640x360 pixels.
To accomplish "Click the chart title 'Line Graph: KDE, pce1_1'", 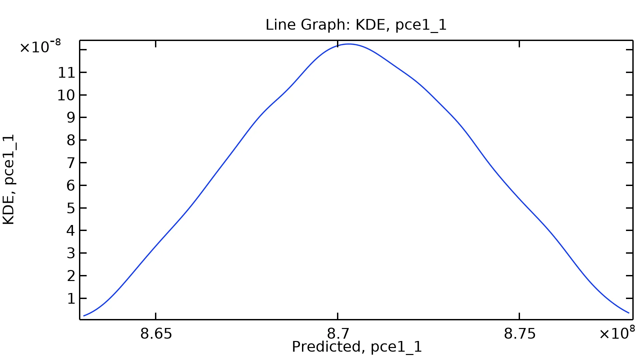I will coord(356,25).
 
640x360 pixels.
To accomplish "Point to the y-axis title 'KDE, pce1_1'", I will coord(9,179).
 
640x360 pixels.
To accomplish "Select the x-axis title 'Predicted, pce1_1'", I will coord(357,347).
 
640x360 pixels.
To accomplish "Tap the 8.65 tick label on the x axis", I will coord(156,334).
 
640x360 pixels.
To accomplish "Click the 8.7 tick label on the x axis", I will coord(338,334).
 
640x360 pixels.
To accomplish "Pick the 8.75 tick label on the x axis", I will coord(520,334).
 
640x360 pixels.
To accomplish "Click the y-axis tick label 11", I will coord(67,73).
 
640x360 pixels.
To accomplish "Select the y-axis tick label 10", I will coord(67,95).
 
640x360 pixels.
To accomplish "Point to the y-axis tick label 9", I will coord(71,118).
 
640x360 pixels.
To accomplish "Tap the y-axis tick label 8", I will coord(71,140).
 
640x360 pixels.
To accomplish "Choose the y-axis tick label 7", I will coord(71,163).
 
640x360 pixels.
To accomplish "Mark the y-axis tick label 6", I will coord(71,186).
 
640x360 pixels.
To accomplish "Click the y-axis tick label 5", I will coord(71,208).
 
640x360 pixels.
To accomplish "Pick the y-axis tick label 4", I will coord(71,231).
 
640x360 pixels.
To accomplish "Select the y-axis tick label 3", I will coord(71,253).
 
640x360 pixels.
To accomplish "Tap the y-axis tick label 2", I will coord(71,276).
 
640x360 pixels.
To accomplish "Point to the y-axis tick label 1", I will coord(71,299).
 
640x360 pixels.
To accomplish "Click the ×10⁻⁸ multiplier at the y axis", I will coord(40,47).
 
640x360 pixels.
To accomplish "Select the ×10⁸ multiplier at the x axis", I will coord(617,333).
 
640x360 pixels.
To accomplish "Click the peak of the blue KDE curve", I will coord(349,44).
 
